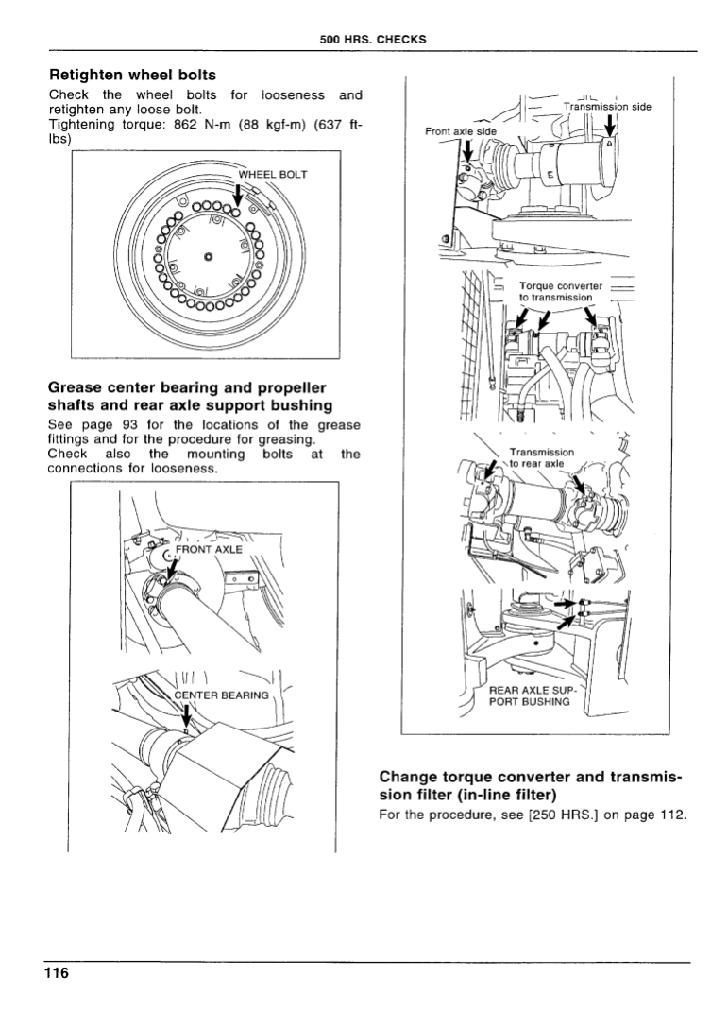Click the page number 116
point(56,974)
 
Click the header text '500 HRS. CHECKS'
point(373,40)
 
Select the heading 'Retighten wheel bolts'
point(132,75)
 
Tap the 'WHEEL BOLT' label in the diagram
point(273,175)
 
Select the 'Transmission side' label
point(606,107)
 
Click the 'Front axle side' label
point(460,131)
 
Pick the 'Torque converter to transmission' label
point(560,292)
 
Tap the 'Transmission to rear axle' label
point(540,457)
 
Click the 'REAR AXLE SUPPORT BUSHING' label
point(530,696)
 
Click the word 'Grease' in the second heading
point(78,387)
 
